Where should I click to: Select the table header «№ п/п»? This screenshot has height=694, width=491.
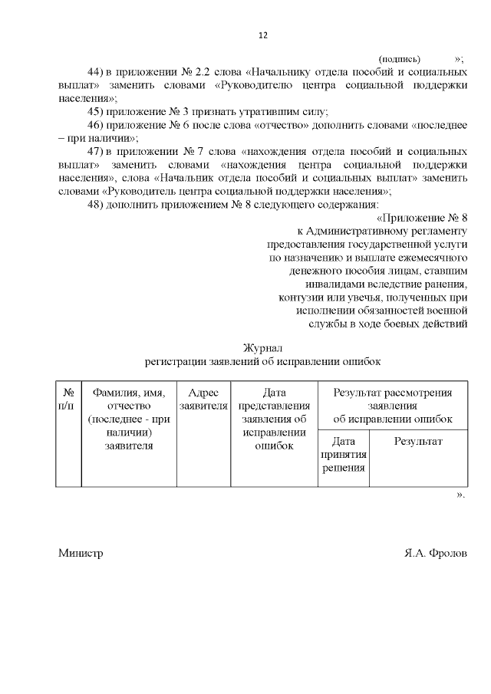click(68, 399)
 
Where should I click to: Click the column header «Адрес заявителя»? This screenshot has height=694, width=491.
click(203, 399)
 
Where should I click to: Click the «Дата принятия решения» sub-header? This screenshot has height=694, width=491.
click(344, 454)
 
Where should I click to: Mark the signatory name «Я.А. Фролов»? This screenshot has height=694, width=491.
click(435, 554)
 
